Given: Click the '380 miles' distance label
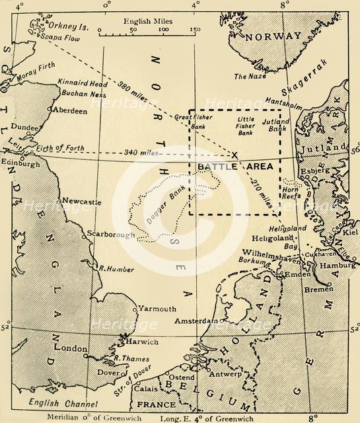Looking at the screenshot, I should click(134, 95).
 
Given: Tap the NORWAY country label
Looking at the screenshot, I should click(268, 38).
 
